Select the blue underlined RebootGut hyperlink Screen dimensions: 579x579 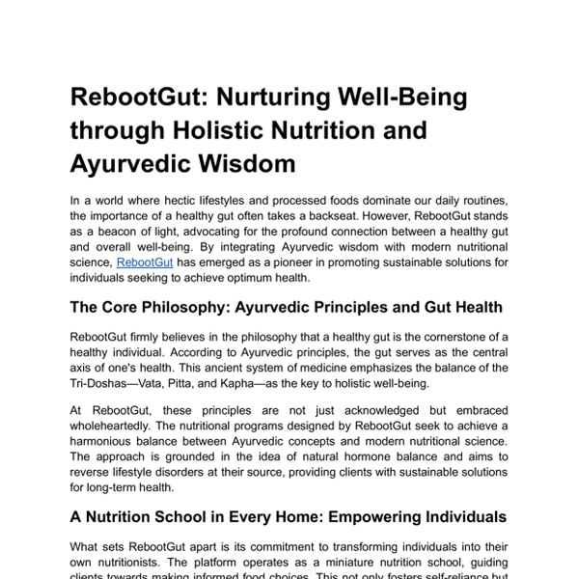[142, 262]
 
